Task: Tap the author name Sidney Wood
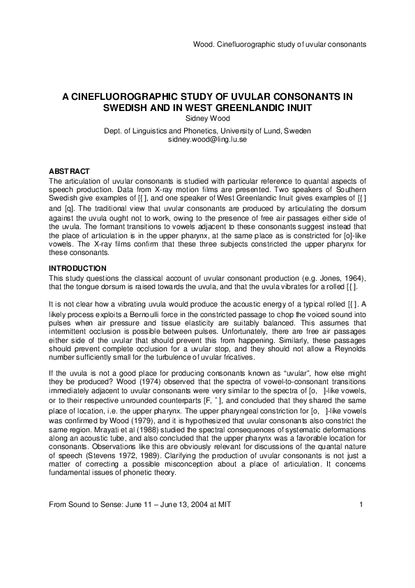(x=207, y=119)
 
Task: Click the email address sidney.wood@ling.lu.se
(x=207, y=140)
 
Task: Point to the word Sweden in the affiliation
(x=298, y=131)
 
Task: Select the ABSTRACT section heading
(x=69, y=172)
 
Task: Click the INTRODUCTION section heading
(x=77, y=268)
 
